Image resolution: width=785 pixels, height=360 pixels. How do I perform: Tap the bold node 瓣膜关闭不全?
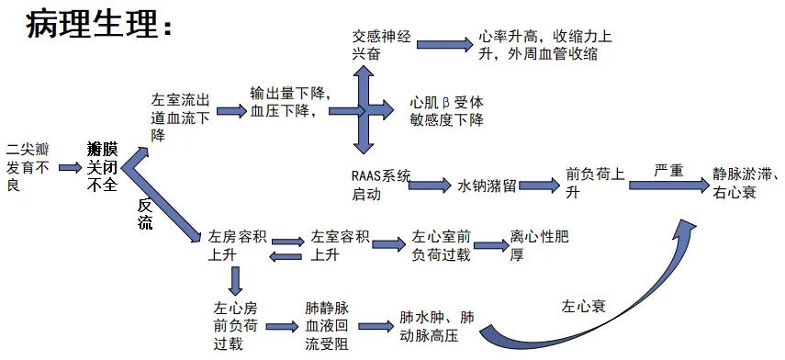[x=102, y=166]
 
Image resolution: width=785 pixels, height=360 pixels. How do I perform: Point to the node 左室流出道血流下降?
[x=183, y=117]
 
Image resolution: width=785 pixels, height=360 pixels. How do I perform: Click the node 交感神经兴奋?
[x=381, y=46]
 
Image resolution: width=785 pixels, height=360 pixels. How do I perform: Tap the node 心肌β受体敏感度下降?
[x=446, y=111]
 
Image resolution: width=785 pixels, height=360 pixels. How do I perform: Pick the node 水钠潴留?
[x=487, y=185]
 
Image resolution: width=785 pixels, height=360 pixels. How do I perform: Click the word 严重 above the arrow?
[x=668, y=172]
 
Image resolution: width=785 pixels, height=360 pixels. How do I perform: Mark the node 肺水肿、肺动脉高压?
[x=437, y=326]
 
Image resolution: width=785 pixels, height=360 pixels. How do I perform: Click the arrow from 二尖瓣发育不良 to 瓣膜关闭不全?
[x=70, y=167]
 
